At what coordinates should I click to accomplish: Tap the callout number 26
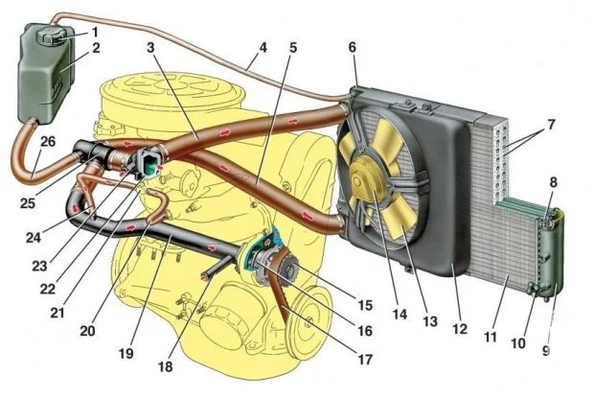[x=47, y=141]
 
